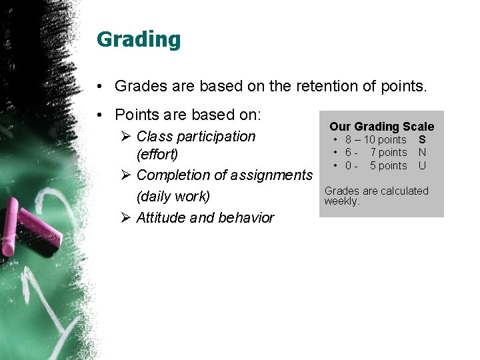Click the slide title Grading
[x=139, y=39]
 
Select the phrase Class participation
[x=195, y=137]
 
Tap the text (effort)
[x=157, y=155]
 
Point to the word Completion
[x=173, y=175]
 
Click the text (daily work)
[x=173, y=197]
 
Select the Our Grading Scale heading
[x=381, y=127]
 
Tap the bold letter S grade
[x=422, y=140]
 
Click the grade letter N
[x=422, y=153]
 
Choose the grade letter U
[x=422, y=165]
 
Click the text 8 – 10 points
[x=375, y=140]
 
